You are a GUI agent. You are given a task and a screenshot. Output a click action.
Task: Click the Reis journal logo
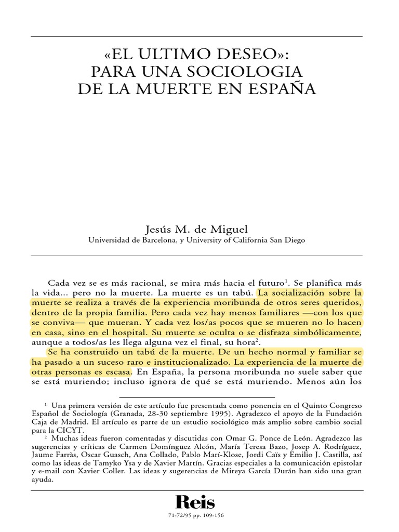pyautogui.click(x=195, y=502)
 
